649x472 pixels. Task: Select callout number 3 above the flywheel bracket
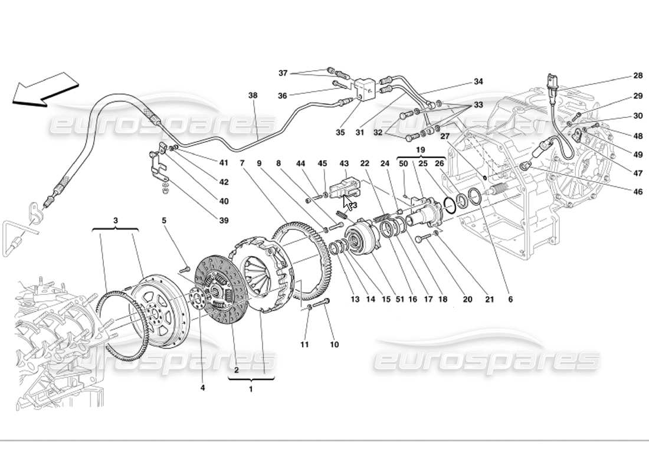(x=115, y=220)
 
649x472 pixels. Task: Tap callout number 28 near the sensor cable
(x=621, y=76)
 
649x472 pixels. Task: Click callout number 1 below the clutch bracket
(x=250, y=389)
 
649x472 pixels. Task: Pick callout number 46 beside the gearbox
(x=621, y=192)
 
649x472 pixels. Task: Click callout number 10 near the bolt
(x=335, y=345)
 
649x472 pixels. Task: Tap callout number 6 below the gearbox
(x=510, y=300)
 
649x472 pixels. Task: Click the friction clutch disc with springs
(x=222, y=289)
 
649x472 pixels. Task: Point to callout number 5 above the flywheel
(x=165, y=221)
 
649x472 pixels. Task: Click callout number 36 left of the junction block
(x=283, y=96)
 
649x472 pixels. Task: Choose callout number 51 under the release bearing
(x=399, y=300)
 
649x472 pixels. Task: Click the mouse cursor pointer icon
(x=348, y=203)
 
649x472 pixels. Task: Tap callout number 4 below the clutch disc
(x=202, y=388)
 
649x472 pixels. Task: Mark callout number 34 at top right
(x=478, y=82)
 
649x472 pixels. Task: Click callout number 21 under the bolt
(x=489, y=300)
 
